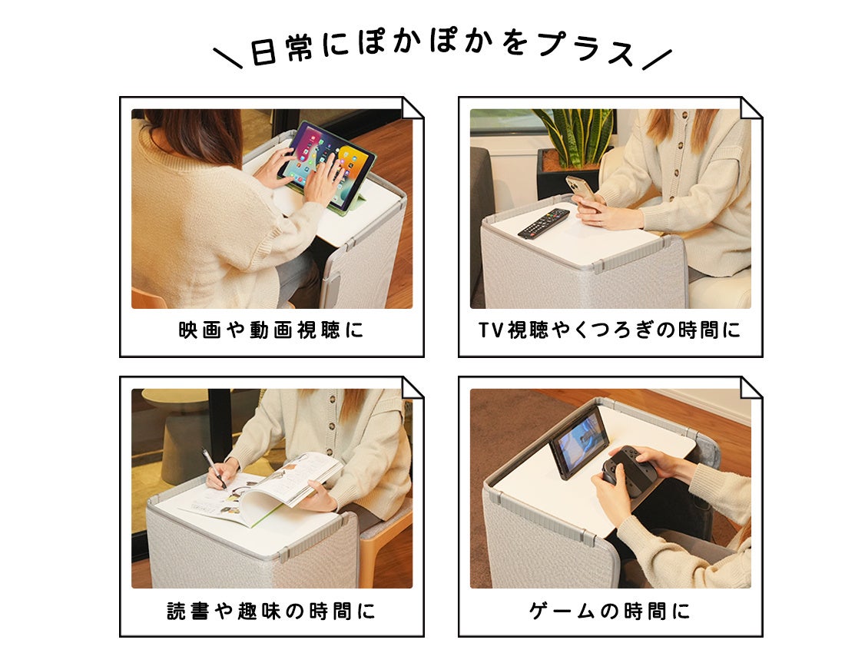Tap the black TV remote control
[543, 223]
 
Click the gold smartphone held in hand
[581, 191]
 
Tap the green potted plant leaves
[575, 134]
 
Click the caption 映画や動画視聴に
[271, 330]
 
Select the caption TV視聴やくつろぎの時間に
[609, 330]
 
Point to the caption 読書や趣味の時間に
[271, 611]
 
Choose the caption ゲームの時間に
[609, 611]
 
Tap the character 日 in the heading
[263, 52]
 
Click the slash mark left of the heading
[228, 58]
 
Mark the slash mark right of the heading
[658, 59]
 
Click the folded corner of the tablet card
[413, 108]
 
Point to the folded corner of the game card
[751, 387]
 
